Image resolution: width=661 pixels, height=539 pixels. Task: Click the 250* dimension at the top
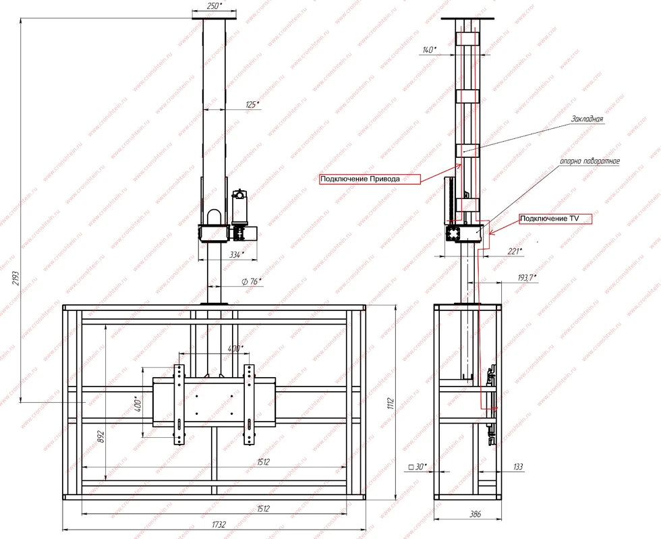coord(213,6)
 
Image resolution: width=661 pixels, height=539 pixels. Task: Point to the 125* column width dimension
coord(251,105)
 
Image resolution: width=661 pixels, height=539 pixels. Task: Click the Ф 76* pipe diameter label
coord(251,281)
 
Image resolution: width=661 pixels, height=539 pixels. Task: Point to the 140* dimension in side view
coord(429,50)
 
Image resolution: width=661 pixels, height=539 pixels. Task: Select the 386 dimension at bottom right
coord(475,514)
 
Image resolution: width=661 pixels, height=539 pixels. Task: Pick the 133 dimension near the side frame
coord(517,466)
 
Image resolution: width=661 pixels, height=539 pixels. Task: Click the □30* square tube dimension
coord(418,466)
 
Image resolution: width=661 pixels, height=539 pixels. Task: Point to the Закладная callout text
coord(586,119)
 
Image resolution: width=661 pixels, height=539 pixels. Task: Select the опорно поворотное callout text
coord(589,162)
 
